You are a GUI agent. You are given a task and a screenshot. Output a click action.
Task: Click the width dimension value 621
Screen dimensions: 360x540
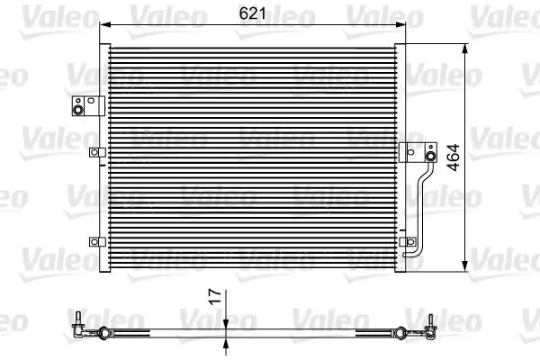point(252,14)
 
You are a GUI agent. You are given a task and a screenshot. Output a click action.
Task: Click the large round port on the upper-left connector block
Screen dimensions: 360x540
point(78,111)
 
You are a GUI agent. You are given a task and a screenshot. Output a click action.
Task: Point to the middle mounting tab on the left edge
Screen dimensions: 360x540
point(94,153)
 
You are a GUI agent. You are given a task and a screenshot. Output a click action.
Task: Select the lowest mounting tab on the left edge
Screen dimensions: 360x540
point(94,240)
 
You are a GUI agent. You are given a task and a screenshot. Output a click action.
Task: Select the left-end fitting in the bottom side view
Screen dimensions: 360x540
point(81,326)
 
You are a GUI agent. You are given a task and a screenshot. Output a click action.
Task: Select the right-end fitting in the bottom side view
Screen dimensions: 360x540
point(429,326)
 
